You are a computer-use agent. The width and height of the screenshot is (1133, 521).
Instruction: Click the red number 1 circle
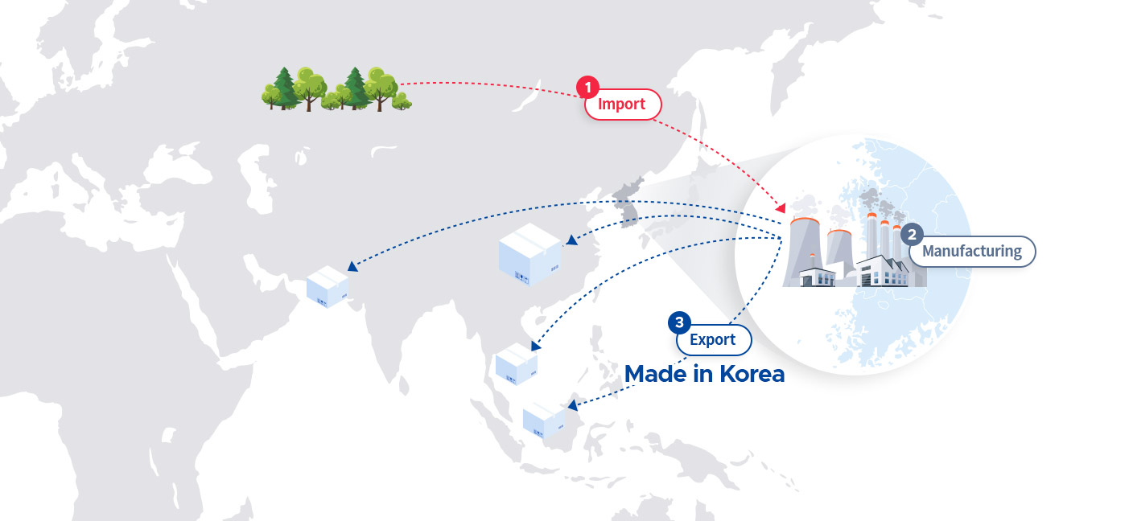tap(587, 88)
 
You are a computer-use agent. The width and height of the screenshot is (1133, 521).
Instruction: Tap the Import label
tap(623, 105)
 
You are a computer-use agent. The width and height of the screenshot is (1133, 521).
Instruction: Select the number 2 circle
tap(912, 235)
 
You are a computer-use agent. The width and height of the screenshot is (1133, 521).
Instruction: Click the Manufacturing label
tap(972, 251)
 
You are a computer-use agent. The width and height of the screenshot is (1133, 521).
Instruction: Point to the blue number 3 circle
tap(679, 322)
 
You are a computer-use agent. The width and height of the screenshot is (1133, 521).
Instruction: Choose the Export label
tap(714, 339)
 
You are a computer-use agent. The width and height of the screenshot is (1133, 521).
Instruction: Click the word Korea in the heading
tap(752, 374)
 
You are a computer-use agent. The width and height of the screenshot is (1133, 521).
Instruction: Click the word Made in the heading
tap(656, 374)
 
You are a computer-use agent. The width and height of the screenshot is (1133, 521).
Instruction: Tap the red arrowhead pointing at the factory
tap(781, 207)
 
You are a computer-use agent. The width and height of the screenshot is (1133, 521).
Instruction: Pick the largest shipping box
tap(530, 254)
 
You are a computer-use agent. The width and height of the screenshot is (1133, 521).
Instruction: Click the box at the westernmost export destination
tap(328, 286)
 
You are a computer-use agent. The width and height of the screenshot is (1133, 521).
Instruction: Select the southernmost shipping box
tap(544, 420)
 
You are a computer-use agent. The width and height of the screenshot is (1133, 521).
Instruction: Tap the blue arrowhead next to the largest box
tap(572, 240)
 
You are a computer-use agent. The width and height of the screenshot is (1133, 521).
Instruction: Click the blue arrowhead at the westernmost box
tap(352, 266)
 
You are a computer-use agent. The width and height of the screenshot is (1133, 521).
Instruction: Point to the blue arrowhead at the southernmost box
tap(573, 404)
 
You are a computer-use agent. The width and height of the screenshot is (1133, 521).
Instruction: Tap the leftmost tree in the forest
tap(272, 96)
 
